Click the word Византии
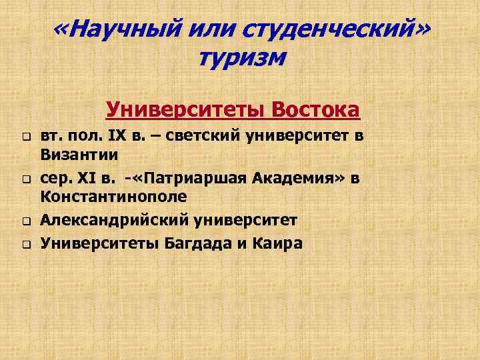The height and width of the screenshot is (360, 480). [79, 155]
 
